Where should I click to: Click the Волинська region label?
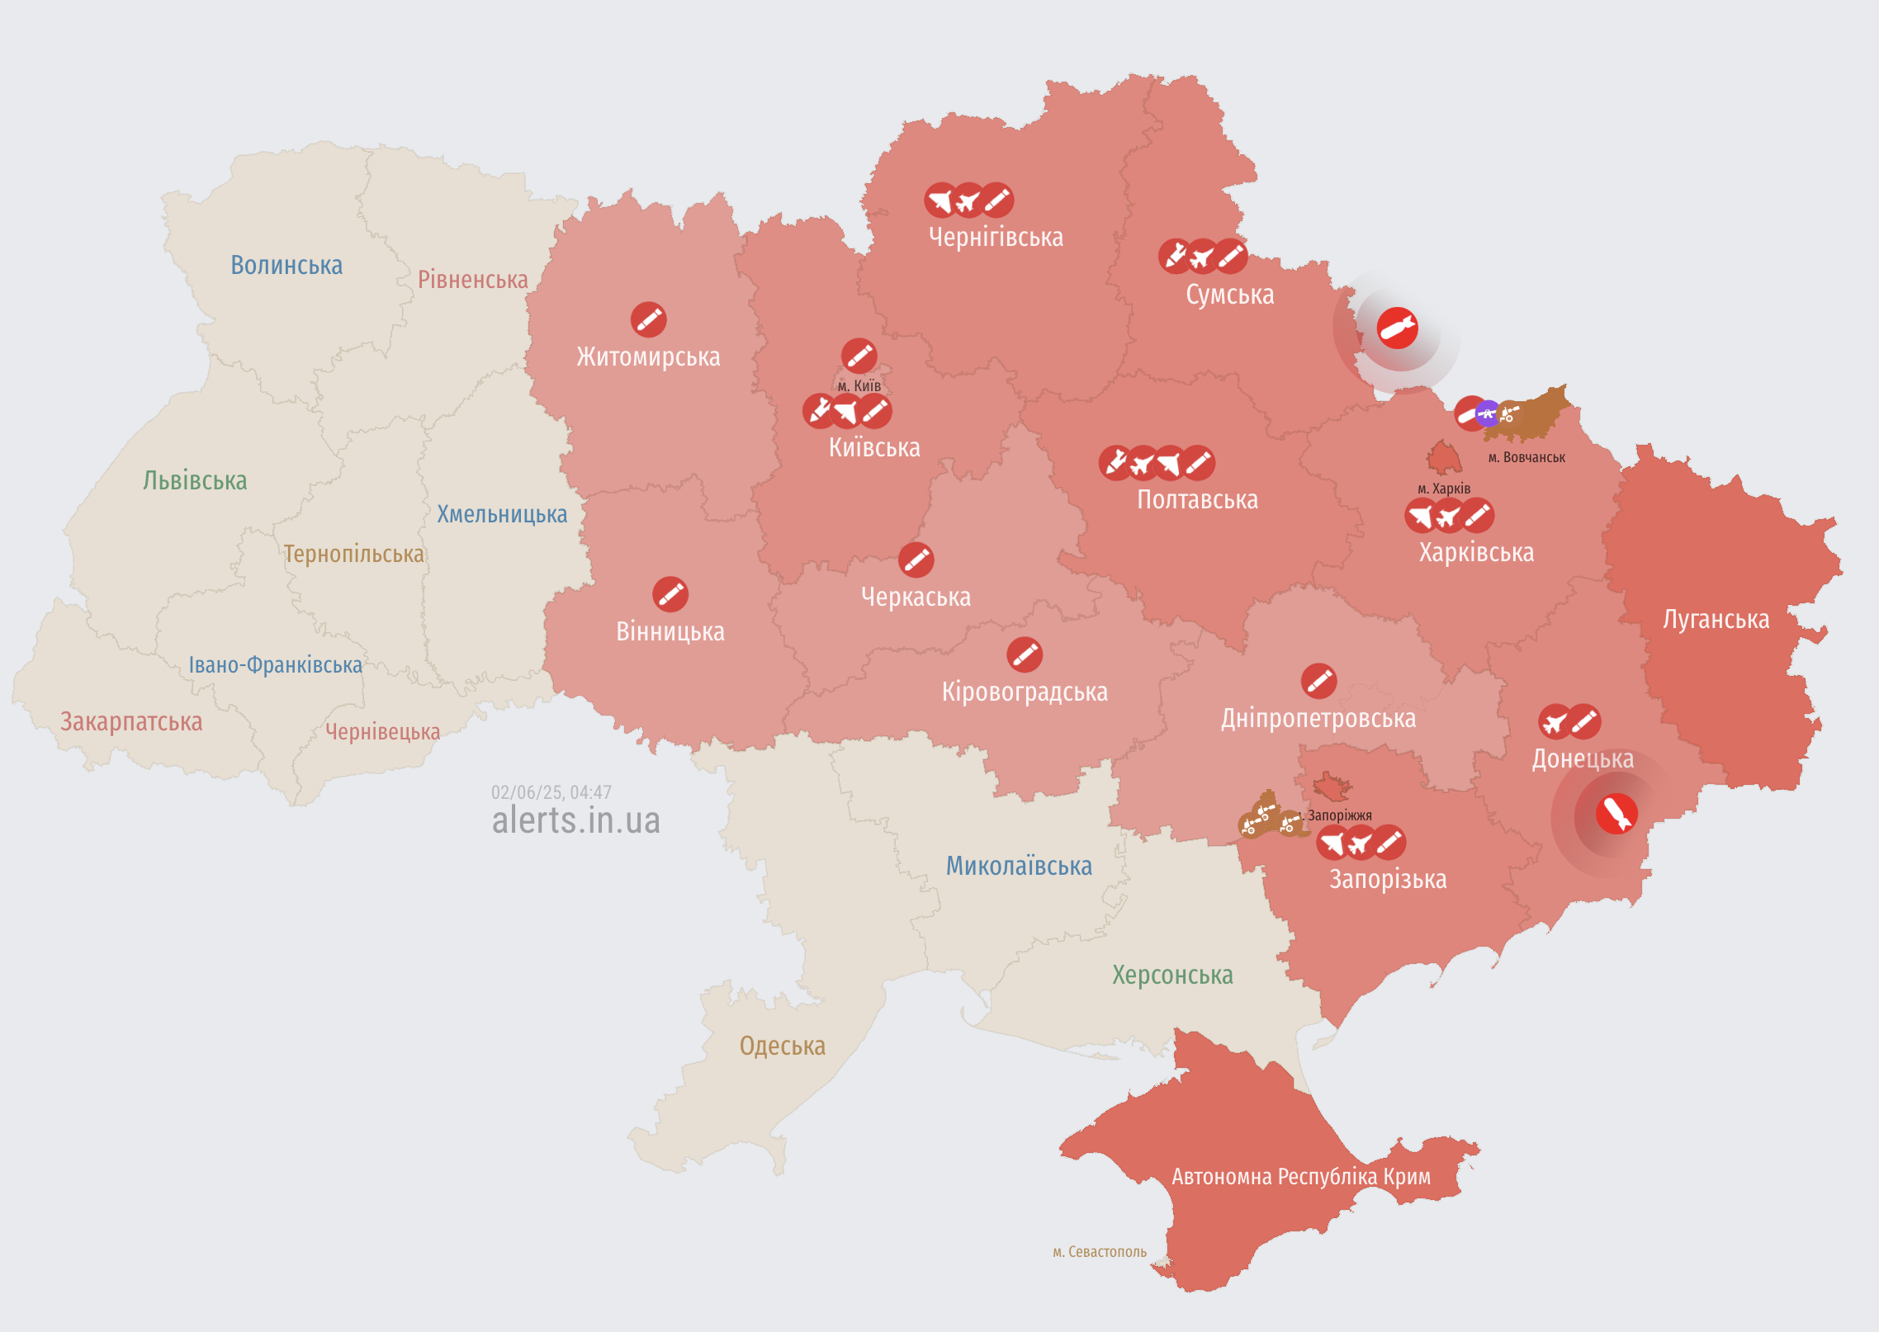point(286,265)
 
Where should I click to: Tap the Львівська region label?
point(195,480)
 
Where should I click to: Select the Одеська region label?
point(782,1046)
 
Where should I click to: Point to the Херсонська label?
point(1172,975)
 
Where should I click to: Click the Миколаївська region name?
point(1019,866)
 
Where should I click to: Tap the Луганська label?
point(1716,619)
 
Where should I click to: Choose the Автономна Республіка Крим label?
point(1300,1176)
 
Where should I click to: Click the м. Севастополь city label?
point(1099,1252)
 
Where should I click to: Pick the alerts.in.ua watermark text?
point(575,820)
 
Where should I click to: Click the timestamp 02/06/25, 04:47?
point(551,792)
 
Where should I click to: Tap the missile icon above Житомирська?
point(648,319)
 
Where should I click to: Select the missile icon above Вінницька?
point(670,594)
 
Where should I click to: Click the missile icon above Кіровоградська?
point(1024,654)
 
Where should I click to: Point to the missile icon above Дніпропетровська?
point(1318,681)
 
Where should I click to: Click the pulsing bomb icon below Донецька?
point(1616,815)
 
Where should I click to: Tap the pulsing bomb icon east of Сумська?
point(1397,328)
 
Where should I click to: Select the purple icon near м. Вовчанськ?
point(1487,413)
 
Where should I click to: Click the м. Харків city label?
point(1443,489)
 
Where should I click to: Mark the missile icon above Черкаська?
point(916,560)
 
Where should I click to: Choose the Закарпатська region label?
point(131,721)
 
